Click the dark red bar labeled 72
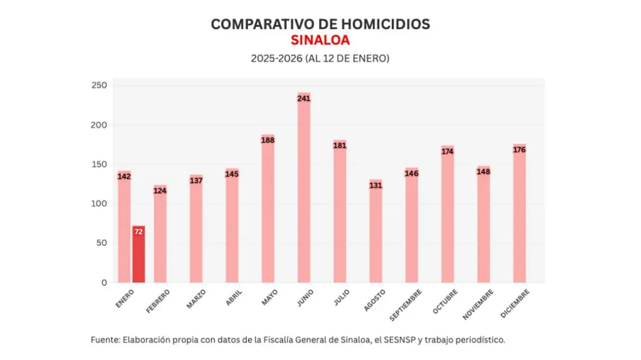point(138,254)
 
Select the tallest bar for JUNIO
point(304,189)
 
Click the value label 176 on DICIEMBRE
point(519,150)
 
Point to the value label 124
point(160,191)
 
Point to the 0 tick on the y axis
point(104,283)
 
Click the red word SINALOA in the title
point(320,41)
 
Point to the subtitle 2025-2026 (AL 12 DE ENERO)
point(320,58)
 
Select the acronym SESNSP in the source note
point(399,339)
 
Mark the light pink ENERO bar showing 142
point(124,229)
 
